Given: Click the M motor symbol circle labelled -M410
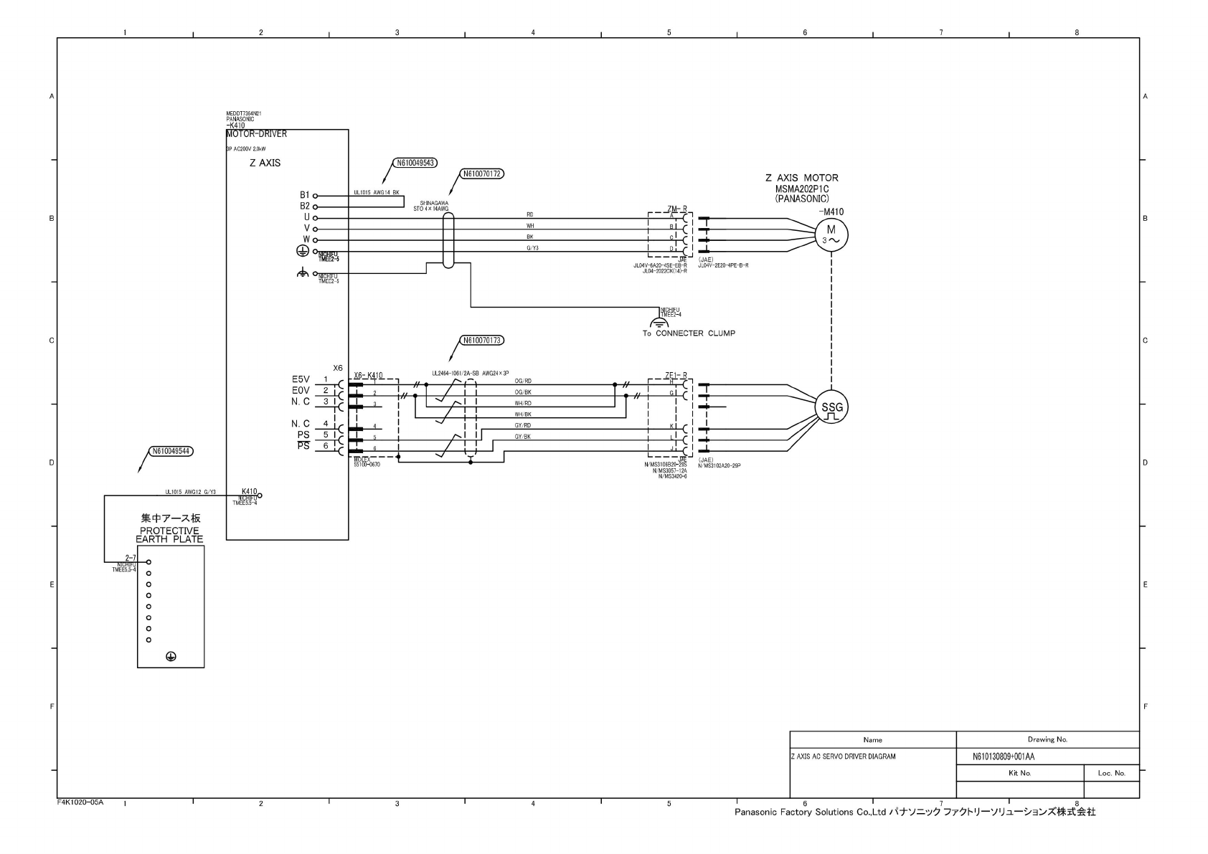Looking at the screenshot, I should coord(831,234).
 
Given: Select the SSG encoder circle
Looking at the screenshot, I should coord(832,409).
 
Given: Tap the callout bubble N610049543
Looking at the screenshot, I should coord(415,163).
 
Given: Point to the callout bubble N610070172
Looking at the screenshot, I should coord(481,174).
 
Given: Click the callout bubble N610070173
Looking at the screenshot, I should coord(481,340).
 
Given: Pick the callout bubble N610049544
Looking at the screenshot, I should coord(171,451).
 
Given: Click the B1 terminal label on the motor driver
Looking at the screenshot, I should coord(305,195).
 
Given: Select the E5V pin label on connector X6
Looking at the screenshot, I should coord(301,379).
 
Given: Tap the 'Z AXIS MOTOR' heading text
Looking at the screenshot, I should coord(801,178).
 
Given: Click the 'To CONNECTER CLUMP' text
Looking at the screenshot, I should coord(689,333).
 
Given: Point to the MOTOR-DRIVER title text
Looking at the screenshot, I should coord(256,134).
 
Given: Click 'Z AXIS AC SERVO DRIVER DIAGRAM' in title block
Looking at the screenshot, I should coord(843,756).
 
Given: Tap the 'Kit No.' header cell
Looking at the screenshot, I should coord(1019,774).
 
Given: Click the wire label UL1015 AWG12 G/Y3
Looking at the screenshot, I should coord(190,492).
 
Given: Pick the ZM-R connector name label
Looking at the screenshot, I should coord(676,209).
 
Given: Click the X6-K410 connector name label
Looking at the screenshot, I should coord(368,376).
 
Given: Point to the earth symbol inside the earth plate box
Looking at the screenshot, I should coord(171,656).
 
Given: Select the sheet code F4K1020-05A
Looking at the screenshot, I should coord(80,802).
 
